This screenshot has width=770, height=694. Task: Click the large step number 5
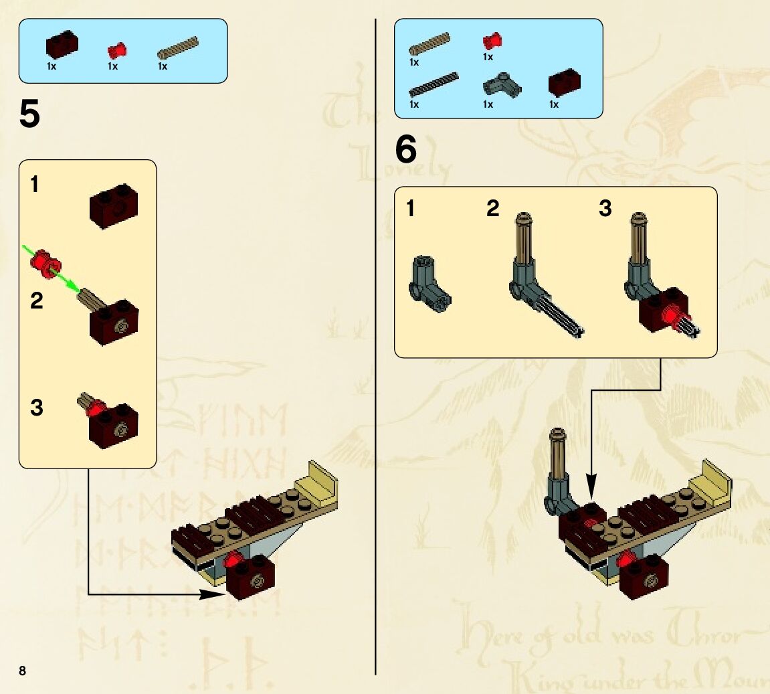pyautogui.click(x=29, y=115)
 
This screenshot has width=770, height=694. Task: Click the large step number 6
pyautogui.click(x=405, y=150)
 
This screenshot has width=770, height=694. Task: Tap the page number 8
pyautogui.click(x=22, y=671)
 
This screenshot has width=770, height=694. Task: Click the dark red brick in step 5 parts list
pyautogui.click(x=62, y=45)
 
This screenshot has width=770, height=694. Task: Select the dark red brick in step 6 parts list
pyautogui.click(x=564, y=83)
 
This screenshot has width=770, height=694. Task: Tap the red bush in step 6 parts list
pyautogui.click(x=492, y=41)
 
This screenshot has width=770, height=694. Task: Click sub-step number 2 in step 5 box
pyautogui.click(x=36, y=301)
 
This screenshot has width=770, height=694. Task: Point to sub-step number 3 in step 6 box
pyautogui.click(x=605, y=209)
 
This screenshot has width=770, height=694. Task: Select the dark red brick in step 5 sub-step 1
pyautogui.click(x=114, y=206)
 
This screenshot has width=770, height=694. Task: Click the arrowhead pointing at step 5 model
pyautogui.click(x=214, y=594)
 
